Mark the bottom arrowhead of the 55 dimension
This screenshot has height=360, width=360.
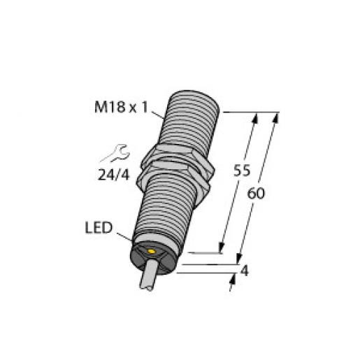click(222, 247)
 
